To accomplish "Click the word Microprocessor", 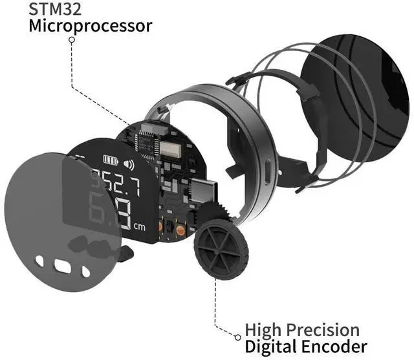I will [91, 26].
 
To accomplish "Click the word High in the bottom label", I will [261, 329].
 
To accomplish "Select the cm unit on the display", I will [139, 226].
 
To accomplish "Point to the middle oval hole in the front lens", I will [62, 266].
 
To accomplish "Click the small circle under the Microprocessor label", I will [71, 39].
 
